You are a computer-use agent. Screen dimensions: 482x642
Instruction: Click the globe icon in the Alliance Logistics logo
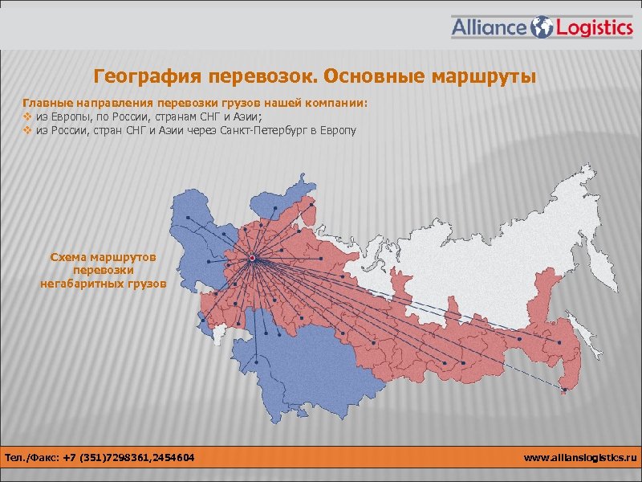[x=543, y=27]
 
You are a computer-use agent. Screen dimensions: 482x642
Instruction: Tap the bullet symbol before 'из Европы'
[x=27, y=116]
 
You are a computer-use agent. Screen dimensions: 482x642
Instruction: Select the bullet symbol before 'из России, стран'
[x=27, y=129]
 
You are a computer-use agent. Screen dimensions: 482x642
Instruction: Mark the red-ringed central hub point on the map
[x=252, y=258]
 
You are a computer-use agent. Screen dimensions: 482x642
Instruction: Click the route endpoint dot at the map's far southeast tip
[x=564, y=390]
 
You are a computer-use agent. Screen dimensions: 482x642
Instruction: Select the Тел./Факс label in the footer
[x=35, y=458]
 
